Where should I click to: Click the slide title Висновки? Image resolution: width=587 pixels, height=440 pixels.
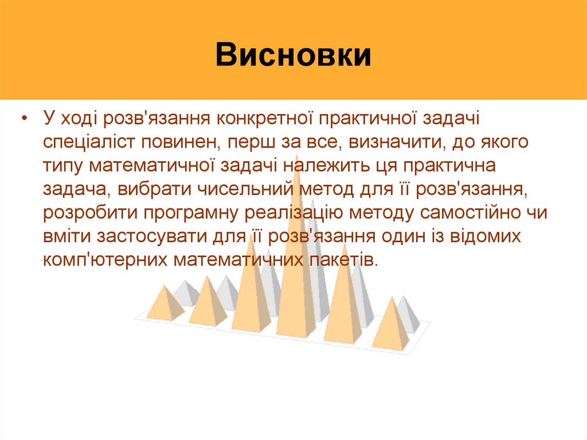click(x=293, y=56)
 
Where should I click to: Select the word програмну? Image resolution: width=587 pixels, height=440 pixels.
click(x=194, y=212)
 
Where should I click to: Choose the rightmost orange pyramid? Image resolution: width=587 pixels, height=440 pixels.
click(x=392, y=327)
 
